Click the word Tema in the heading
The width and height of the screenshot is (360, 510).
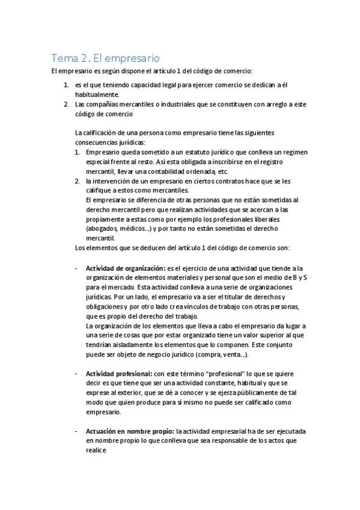63,58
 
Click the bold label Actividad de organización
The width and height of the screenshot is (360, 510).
125,268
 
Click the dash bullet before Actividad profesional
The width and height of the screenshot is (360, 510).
76,373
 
